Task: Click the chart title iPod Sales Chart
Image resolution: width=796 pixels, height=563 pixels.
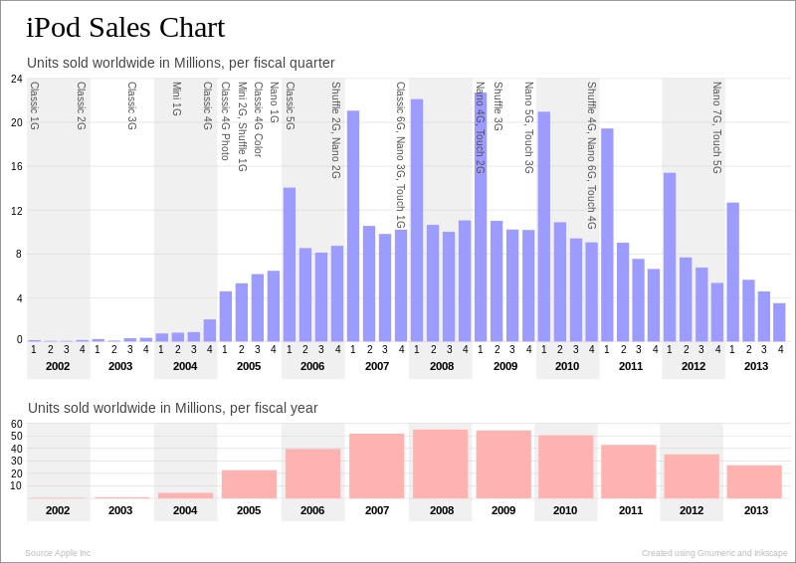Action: (x=125, y=28)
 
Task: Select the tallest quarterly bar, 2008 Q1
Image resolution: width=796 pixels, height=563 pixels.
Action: (x=417, y=220)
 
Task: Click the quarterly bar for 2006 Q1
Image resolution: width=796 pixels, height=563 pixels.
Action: (x=290, y=265)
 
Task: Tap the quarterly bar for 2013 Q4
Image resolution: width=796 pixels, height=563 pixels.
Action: (x=780, y=321)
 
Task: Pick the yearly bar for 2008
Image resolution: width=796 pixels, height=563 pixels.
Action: (x=442, y=465)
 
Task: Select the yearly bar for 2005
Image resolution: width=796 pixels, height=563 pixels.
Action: (x=249, y=484)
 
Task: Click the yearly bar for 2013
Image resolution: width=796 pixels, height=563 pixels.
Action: (x=754, y=481)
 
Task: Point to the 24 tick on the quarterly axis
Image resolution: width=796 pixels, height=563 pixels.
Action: (x=17, y=79)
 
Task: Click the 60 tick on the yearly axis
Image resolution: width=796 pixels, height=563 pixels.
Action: (x=17, y=424)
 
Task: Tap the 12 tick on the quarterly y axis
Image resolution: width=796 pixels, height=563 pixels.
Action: (x=17, y=211)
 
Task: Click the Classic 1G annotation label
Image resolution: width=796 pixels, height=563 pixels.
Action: (x=34, y=106)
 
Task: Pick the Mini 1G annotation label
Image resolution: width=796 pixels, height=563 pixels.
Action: (x=176, y=99)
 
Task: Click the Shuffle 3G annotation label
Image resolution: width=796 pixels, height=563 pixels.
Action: (x=497, y=106)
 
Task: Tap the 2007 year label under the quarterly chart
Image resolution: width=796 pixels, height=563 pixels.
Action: (x=377, y=366)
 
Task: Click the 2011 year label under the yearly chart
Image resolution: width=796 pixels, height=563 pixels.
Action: (x=631, y=510)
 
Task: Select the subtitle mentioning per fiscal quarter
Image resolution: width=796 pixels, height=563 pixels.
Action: (x=180, y=63)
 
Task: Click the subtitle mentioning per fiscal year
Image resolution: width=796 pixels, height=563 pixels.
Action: (x=173, y=408)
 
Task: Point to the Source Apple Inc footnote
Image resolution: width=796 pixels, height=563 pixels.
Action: (x=58, y=553)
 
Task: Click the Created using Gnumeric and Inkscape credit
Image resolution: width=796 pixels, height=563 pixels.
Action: (x=714, y=553)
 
